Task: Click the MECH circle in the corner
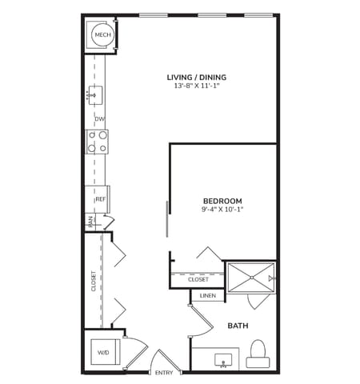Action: (102, 34)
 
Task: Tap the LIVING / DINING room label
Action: (197, 78)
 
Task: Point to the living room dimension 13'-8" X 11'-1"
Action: (197, 86)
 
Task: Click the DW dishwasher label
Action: (100, 119)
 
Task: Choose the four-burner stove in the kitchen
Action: (98, 142)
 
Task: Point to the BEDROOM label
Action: (222, 201)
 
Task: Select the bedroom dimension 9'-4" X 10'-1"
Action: (222, 210)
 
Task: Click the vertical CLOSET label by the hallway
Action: (93, 281)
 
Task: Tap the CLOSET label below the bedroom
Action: (198, 279)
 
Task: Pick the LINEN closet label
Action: (207, 296)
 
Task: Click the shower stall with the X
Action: (250, 278)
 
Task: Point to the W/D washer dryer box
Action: (104, 351)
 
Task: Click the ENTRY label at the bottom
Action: (164, 373)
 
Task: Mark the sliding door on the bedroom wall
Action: (167, 218)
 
